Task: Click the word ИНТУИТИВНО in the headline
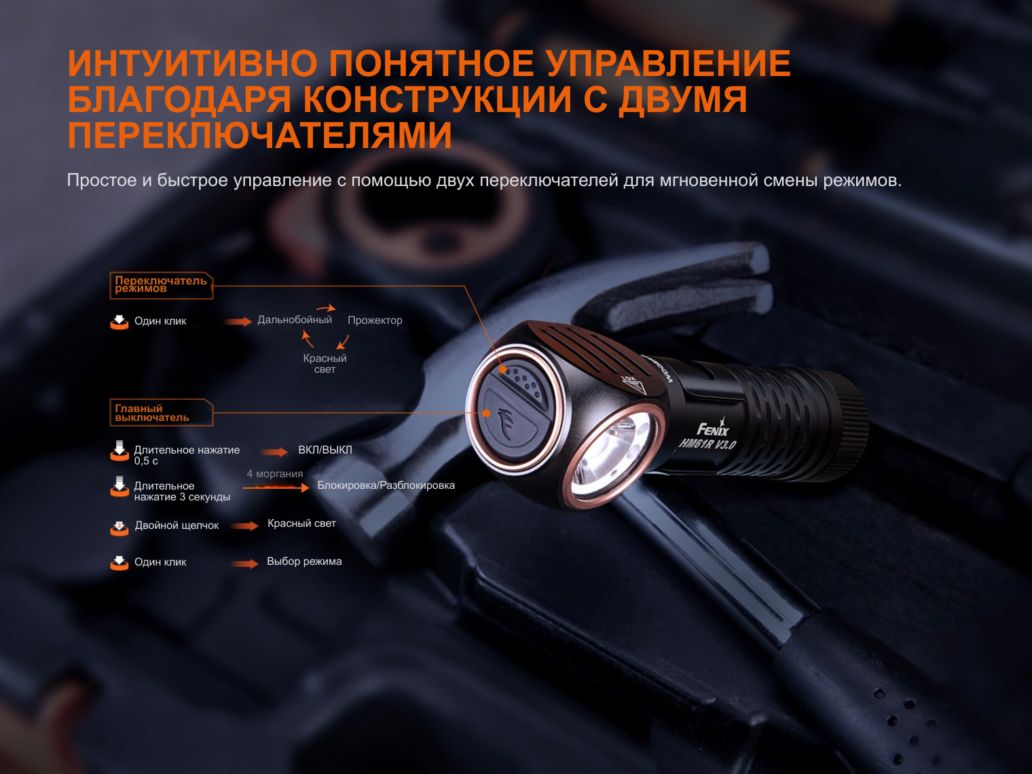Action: [x=193, y=63]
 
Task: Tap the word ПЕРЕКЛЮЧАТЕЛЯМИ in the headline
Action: [x=260, y=135]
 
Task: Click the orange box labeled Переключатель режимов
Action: [x=162, y=285]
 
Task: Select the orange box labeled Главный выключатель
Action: [x=162, y=413]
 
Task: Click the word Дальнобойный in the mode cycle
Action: [x=295, y=320]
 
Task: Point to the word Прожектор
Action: [x=375, y=320]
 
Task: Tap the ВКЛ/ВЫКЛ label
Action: [x=325, y=449]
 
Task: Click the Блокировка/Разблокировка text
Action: [x=386, y=485]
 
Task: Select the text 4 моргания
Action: [x=275, y=474]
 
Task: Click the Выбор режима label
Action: [x=304, y=561]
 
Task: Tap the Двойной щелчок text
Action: [x=177, y=526]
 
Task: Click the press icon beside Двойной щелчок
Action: [x=119, y=528]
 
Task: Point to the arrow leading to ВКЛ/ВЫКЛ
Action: [x=274, y=452]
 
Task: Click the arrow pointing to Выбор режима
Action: [x=244, y=564]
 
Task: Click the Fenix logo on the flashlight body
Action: [x=712, y=428]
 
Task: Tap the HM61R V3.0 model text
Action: [x=707, y=443]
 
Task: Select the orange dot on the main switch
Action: [x=487, y=413]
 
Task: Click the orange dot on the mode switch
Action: [x=502, y=370]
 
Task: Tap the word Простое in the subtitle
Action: [x=102, y=181]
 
